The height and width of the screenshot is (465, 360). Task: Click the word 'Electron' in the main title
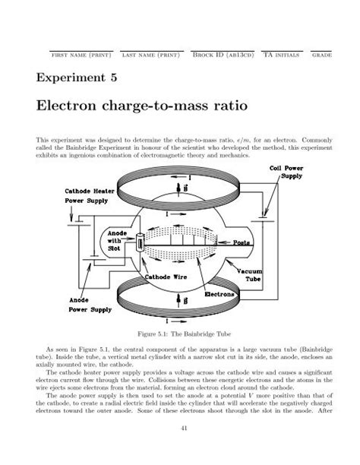[x=77, y=107]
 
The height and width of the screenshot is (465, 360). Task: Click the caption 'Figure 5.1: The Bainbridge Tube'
[x=179, y=334]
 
